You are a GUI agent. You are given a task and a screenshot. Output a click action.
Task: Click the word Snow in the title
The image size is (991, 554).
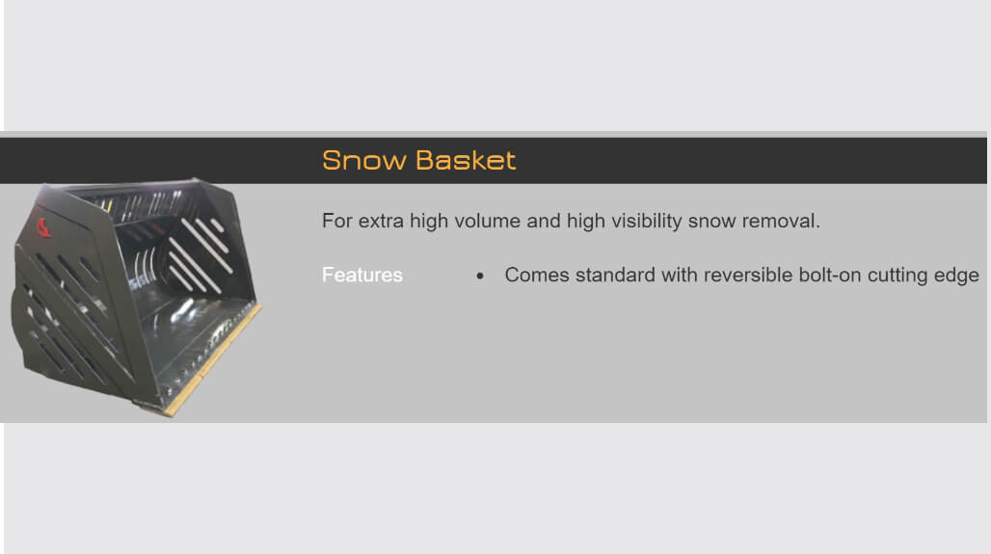click(364, 161)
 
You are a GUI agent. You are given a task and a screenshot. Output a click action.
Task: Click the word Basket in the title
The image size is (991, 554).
click(467, 161)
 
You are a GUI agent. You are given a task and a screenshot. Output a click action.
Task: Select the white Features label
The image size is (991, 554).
click(362, 275)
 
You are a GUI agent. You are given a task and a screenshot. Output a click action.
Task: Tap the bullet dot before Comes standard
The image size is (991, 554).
click(480, 276)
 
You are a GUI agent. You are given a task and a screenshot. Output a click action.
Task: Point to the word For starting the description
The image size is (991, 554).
click(337, 221)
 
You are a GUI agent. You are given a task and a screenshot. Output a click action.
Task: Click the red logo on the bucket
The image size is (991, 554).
click(42, 227)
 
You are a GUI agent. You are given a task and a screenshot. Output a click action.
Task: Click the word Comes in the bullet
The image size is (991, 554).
click(537, 275)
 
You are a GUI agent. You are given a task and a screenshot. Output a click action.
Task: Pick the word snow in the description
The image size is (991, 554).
click(712, 222)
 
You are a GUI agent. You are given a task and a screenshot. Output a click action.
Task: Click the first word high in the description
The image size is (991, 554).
click(430, 222)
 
